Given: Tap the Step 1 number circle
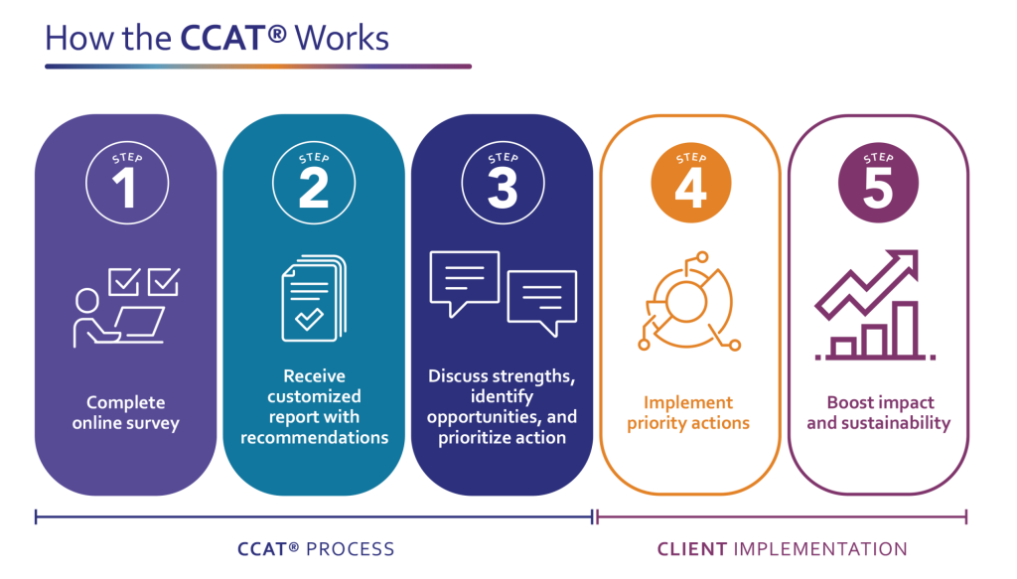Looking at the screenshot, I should click(125, 184).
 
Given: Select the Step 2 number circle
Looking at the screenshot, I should click(313, 184).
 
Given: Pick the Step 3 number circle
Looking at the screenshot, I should click(502, 184).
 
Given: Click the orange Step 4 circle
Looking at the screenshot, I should click(690, 184).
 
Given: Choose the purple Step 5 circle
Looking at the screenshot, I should click(878, 184).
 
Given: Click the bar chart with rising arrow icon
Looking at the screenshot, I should click(874, 303).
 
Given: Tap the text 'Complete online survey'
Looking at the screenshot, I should click(125, 413).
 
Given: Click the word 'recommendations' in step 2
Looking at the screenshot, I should click(314, 438).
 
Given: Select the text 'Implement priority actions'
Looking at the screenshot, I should click(688, 413).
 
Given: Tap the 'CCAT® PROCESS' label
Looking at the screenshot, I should click(316, 549).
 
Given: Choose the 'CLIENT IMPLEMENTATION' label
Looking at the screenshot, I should click(782, 549).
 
